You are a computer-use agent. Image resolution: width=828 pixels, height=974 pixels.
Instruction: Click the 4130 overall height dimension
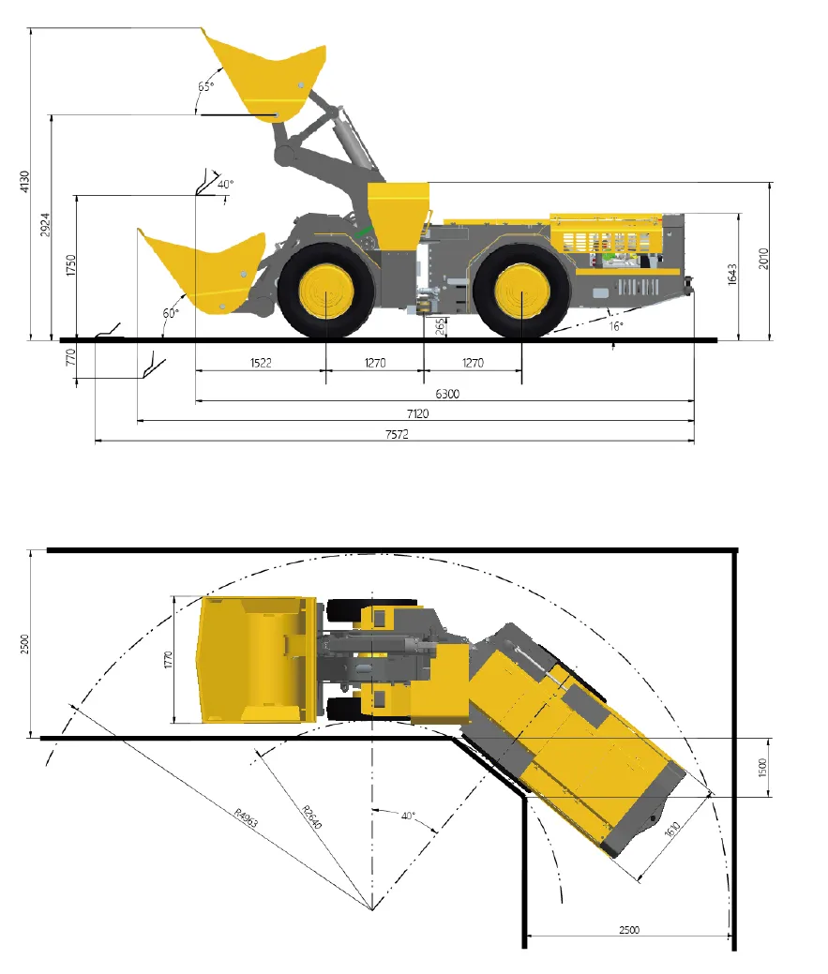click(24, 181)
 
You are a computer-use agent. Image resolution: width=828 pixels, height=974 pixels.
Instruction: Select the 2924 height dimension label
click(45, 224)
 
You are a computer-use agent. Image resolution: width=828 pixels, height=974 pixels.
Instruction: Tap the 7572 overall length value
click(397, 434)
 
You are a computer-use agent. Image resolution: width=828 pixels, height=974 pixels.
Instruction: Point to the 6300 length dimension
click(447, 394)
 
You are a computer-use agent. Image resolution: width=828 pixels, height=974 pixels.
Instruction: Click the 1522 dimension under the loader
click(261, 363)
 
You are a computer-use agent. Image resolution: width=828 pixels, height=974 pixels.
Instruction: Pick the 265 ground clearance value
click(441, 327)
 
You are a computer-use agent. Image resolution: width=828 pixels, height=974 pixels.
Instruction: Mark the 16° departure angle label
click(615, 326)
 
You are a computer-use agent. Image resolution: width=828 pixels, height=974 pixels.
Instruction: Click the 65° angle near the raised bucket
click(206, 86)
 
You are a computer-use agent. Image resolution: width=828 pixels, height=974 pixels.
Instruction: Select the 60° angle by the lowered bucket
click(171, 313)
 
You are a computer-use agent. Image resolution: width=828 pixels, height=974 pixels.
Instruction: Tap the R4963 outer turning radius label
click(246, 817)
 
